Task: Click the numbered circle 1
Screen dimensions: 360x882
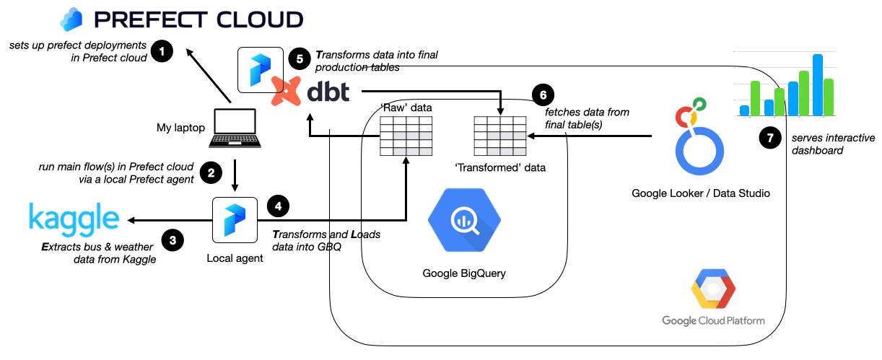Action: coord(163,52)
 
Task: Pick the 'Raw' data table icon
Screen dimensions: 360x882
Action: coord(406,134)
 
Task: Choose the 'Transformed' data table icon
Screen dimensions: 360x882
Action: coord(499,134)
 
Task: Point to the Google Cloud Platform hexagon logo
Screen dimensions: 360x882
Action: coord(713,290)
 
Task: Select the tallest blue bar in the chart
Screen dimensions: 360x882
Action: coord(818,84)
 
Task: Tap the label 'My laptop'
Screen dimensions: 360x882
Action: coord(180,128)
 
